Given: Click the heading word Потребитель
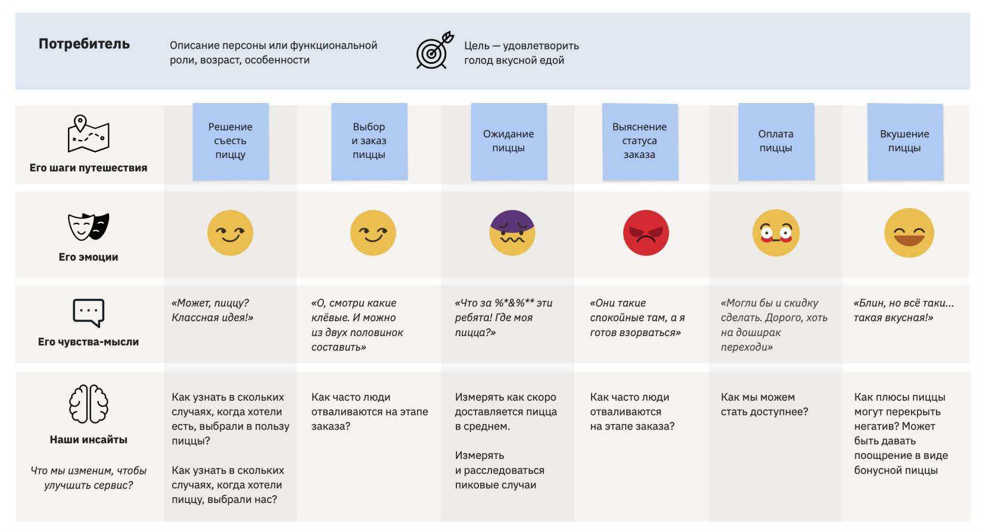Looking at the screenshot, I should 84,44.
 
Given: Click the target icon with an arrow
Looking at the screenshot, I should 434,51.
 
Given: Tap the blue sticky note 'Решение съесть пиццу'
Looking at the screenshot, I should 231,141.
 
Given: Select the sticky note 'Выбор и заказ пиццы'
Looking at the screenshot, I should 369,141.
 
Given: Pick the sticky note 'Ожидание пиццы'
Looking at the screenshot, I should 508,141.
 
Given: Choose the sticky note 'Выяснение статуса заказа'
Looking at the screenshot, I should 639,141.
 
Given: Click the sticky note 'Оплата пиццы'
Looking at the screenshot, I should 776,141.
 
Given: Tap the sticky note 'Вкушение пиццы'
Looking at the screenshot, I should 904,141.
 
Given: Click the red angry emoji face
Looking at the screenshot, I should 646,232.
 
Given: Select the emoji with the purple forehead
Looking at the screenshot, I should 512,232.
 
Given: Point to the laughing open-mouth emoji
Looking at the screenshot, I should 909,233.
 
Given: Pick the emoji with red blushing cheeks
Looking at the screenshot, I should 776,233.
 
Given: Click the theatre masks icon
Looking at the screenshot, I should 88,226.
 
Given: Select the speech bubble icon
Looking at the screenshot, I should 88,313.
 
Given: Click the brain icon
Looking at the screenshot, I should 88,404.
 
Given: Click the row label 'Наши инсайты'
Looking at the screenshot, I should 88,440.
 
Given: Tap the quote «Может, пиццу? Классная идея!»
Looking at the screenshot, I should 213,310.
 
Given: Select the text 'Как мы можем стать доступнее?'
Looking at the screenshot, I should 764,405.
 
